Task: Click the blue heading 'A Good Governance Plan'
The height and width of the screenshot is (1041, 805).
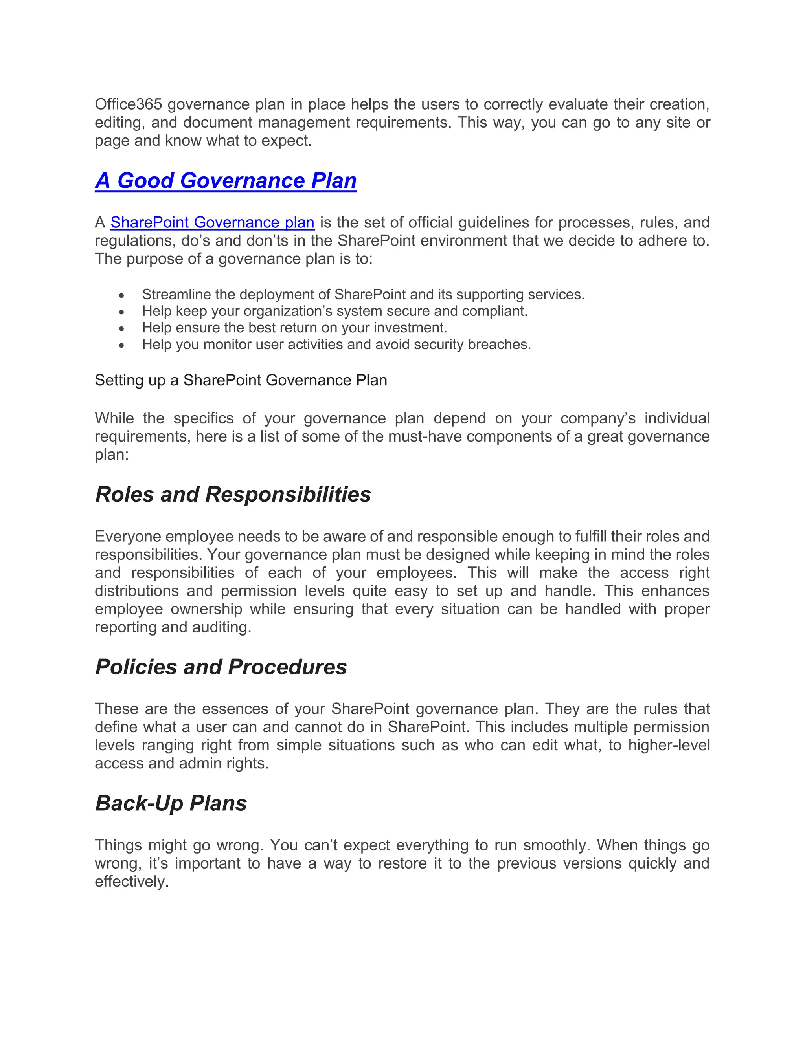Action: coord(226,181)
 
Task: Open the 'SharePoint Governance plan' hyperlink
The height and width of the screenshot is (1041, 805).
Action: coord(212,223)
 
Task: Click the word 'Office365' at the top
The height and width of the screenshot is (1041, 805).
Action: coord(128,104)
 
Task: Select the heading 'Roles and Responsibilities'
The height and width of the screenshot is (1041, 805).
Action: coord(233,494)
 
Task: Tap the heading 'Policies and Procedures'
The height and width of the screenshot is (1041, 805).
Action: coord(221,667)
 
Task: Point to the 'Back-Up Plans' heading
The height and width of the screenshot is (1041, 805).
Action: coord(171,803)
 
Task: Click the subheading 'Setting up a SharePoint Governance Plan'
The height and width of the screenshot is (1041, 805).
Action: coord(241,380)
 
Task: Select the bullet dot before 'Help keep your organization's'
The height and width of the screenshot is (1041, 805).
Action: coord(122,313)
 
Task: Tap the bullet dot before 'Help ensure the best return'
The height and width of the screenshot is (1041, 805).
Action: coord(122,329)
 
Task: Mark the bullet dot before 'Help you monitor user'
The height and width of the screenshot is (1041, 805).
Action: coord(122,346)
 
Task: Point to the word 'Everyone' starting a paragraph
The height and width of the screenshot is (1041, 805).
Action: coord(128,537)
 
